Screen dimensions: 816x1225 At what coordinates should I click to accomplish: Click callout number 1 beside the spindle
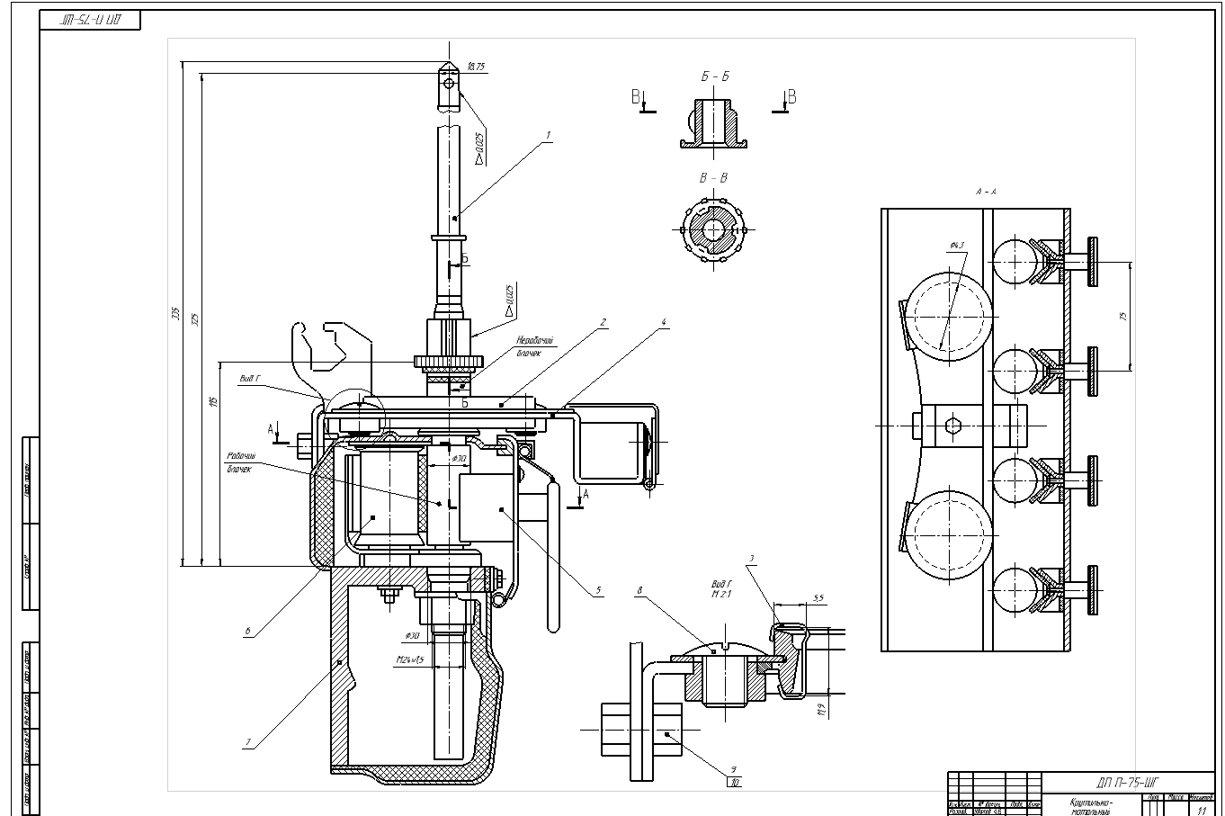[548, 135]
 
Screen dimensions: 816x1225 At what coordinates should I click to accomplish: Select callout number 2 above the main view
[604, 321]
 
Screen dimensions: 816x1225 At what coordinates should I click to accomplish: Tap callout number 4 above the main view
[664, 321]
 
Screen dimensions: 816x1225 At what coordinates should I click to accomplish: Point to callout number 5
[597, 591]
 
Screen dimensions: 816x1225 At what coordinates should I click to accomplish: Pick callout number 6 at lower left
[247, 631]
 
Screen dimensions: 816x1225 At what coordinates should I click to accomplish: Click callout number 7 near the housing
[247, 742]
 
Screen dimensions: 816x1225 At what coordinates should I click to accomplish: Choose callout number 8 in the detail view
[639, 591]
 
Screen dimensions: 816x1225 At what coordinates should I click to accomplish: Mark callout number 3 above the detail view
[751, 560]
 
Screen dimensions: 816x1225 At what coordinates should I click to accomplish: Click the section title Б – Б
[715, 77]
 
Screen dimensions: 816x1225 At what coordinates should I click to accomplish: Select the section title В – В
[713, 178]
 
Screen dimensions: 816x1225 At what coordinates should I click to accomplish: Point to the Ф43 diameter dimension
[955, 246]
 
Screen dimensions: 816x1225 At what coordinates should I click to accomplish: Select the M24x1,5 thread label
[410, 659]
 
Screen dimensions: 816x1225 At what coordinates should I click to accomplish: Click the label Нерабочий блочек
[534, 346]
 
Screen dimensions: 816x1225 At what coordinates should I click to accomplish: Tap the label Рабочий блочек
[241, 462]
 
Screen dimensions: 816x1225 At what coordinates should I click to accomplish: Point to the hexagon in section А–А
[952, 426]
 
